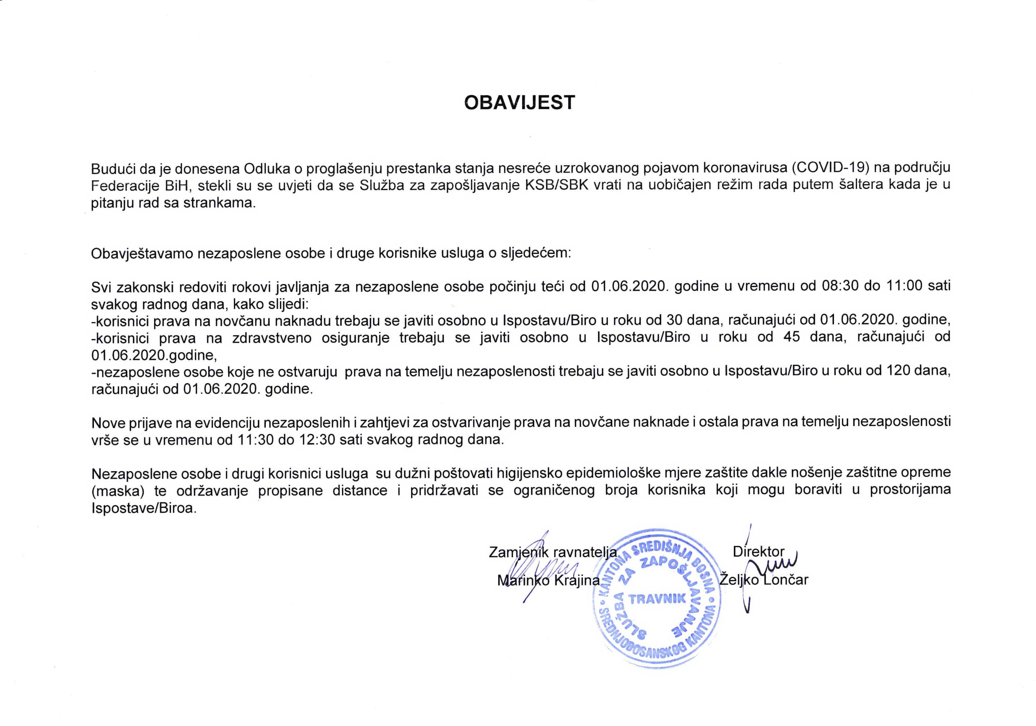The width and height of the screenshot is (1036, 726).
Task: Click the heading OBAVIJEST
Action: click(520, 103)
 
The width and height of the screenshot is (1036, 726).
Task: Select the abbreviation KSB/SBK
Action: click(557, 186)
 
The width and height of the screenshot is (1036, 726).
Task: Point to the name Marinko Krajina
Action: click(548, 581)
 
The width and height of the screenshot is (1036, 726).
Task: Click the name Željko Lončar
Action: click(764, 580)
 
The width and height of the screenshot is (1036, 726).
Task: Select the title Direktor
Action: click(758, 551)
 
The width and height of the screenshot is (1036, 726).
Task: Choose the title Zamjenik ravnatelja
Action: click(553, 552)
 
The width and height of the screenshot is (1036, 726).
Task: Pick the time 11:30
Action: click(255, 440)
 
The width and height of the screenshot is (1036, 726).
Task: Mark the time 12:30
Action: click(317, 440)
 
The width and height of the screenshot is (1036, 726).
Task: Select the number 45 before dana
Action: click(792, 337)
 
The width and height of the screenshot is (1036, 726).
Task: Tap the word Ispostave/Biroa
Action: click(144, 508)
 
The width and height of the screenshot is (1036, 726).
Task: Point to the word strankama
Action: click(219, 203)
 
